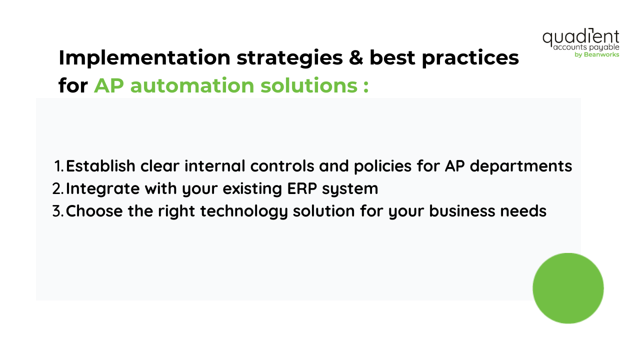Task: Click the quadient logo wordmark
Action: pyautogui.click(x=580, y=37)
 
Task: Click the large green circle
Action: pyautogui.click(x=568, y=288)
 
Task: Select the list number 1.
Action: pyautogui.click(x=58, y=166)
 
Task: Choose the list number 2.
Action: pyautogui.click(x=58, y=188)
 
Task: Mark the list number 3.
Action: pyautogui.click(x=58, y=211)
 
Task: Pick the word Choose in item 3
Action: pyautogui.click(x=94, y=211)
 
